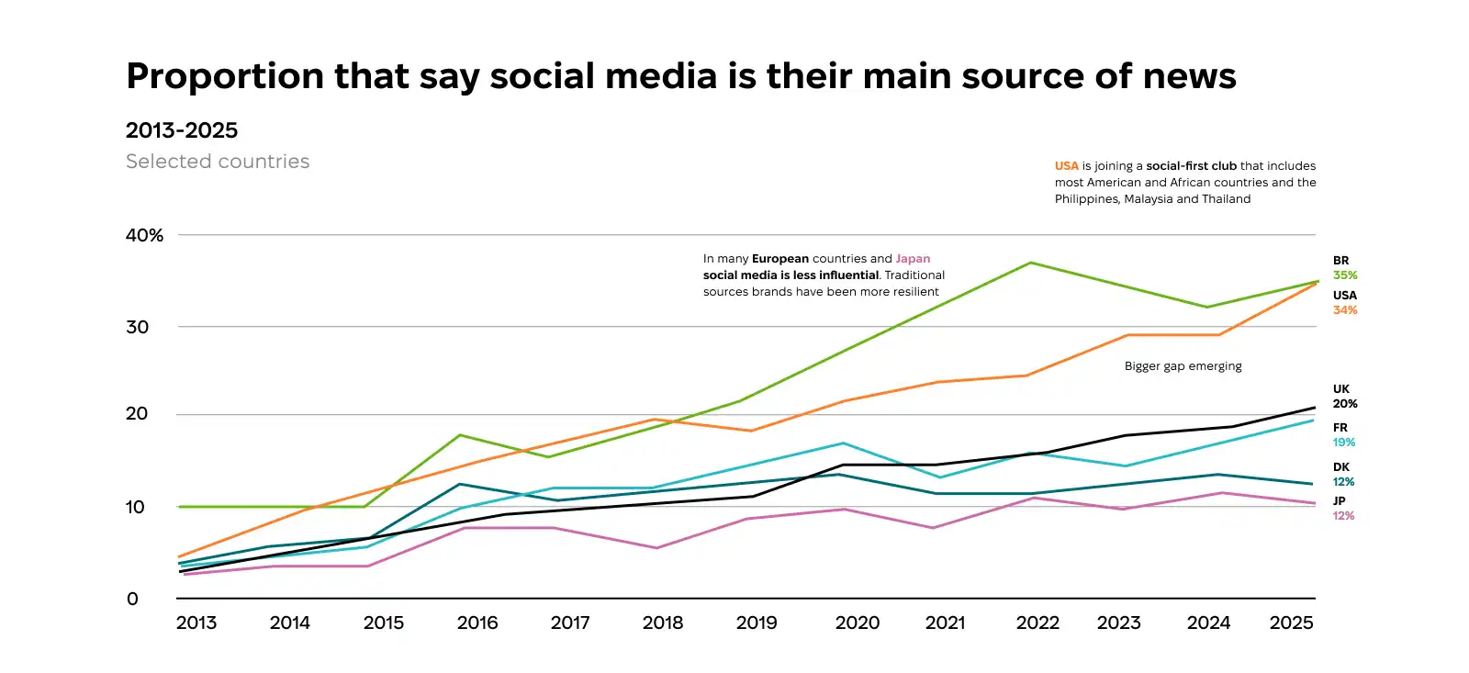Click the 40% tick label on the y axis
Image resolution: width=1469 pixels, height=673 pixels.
pos(144,235)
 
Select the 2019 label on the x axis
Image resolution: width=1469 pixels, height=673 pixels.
pos(757,623)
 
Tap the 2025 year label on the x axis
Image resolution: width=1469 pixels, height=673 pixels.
pos(1291,623)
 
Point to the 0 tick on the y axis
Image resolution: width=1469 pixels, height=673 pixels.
pos(132,599)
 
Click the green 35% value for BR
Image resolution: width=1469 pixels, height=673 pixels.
pos(1345,275)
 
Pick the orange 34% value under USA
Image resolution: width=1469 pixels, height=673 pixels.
pos(1345,310)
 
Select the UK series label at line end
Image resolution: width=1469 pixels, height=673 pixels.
pos(1341,389)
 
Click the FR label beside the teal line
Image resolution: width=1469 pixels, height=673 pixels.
pos(1340,428)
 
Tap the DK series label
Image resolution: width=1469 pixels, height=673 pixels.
pos(1341,467)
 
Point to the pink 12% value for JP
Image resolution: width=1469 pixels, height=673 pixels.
pos(1343,516)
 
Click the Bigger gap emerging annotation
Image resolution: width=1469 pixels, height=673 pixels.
pos(1183,366)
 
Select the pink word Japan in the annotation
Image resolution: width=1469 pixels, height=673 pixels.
pos(913,259)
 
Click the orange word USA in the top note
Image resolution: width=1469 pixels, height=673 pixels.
pos(1066,166)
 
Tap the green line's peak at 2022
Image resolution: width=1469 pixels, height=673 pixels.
pos(1031,264)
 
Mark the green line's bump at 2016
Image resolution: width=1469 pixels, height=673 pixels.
pos(459,435)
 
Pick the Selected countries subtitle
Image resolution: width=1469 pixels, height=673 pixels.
pos(218,162)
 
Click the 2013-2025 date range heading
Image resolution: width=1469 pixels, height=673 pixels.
pos(182,130)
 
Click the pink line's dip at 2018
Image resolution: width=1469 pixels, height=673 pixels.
pos(656,548)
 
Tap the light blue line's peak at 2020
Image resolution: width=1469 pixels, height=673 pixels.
pos(844,443)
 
